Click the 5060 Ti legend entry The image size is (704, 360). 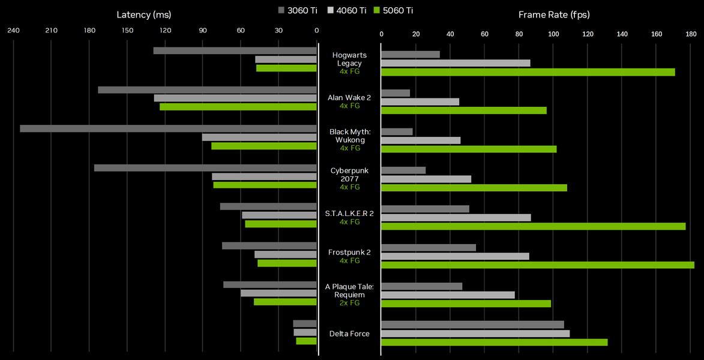[x=393, y=10]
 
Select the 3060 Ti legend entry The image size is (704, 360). [x=298, y=10]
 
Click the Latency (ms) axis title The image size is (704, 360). [x=144, y=14]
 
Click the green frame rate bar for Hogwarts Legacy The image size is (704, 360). [x=528, y=72]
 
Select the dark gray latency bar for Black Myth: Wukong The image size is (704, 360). [x=168, y=128]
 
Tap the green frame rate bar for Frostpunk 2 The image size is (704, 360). [x=538, y=265]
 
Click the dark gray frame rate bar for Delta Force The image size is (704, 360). [x=472, y=325]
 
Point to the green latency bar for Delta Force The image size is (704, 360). [x=306, y=341]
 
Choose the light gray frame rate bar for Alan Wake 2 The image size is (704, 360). [x=420, y=102]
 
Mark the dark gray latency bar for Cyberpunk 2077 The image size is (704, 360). [x=205, y=168]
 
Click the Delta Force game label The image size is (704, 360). [x=349, y=334]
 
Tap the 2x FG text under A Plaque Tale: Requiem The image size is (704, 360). [x=349, y=303]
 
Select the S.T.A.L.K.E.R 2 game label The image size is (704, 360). [x=349, y=213]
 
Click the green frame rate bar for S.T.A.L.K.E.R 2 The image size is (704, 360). [x=533, y=226]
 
